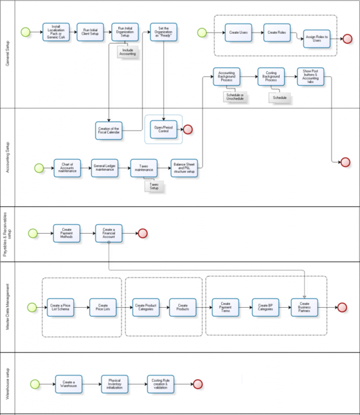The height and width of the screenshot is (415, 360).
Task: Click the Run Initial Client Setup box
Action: [x=91, y=32]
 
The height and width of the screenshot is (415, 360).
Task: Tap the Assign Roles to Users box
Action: [x=317, y=39]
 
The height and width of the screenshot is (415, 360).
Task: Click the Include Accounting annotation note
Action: [x=128, y=53]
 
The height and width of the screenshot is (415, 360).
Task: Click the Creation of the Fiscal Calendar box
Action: [x=108, y=129]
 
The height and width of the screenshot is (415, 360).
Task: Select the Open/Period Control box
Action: [x=163, y=129]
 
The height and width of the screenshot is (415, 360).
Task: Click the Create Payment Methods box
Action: [x=67, y=233]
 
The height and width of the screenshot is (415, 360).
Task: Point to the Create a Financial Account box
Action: [x=109, y=233]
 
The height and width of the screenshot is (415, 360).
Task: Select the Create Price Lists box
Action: [x=104, y=307]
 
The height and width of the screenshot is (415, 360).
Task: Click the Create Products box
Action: [x=183, y=307]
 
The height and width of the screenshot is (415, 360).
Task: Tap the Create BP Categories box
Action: [x=265, y=306]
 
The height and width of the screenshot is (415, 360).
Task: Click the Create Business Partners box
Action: [x=305, y=306]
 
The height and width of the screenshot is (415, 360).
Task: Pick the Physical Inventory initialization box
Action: [x=115, y=384]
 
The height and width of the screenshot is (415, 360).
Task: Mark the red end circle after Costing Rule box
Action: [x=197, y=384]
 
